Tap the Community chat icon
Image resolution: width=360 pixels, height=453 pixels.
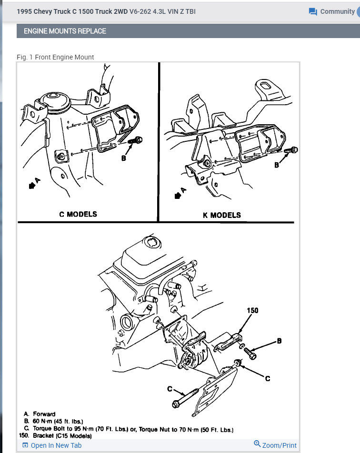pyautogui.click(x=313, y=11)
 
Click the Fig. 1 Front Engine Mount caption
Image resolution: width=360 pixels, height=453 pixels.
pyautogui.click(x=55, y=57)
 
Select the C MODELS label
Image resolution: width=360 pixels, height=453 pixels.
pyautogui.click(x=78, y=214)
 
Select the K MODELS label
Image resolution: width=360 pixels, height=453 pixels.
pyautogui.click(x=221, y=215)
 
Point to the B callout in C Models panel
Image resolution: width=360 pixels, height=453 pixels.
pyautogui.click(x=123, y=158)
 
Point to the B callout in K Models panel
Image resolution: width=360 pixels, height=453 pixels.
pyautogui.click(x=276, y=165)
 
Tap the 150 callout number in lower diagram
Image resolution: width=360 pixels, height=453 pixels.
pyautogui.click(x=252, y=310)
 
